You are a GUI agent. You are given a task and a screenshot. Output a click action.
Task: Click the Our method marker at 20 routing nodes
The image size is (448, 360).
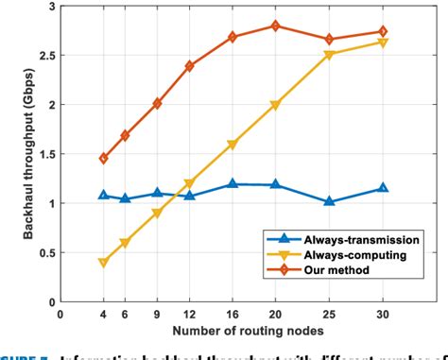[275, 26]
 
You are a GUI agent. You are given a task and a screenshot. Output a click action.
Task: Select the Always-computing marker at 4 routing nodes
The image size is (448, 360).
[103, 263]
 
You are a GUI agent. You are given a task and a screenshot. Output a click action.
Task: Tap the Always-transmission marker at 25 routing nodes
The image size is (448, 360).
[329, 201]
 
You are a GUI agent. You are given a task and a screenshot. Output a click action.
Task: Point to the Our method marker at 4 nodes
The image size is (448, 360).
[103, 159]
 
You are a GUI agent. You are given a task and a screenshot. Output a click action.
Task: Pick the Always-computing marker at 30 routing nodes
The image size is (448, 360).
[383, 43]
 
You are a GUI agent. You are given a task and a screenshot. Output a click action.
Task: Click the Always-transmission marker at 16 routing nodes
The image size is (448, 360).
[233, 184]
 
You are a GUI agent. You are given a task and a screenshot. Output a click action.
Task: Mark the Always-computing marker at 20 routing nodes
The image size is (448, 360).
[275, 105]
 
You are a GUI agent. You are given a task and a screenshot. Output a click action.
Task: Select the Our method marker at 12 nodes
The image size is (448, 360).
[189, 66]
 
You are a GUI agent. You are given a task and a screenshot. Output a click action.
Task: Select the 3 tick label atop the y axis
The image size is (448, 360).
[48, 7]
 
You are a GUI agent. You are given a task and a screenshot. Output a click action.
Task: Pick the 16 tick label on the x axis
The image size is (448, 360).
[233, 315]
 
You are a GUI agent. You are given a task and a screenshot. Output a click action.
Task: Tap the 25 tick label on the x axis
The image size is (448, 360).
[329, 315]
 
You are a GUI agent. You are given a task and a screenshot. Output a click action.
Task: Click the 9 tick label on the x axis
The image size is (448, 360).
[157, 315]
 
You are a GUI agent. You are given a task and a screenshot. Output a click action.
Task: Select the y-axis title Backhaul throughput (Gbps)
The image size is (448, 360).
[16, 154]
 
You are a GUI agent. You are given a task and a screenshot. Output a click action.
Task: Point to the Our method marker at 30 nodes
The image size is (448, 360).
[383, 31]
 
